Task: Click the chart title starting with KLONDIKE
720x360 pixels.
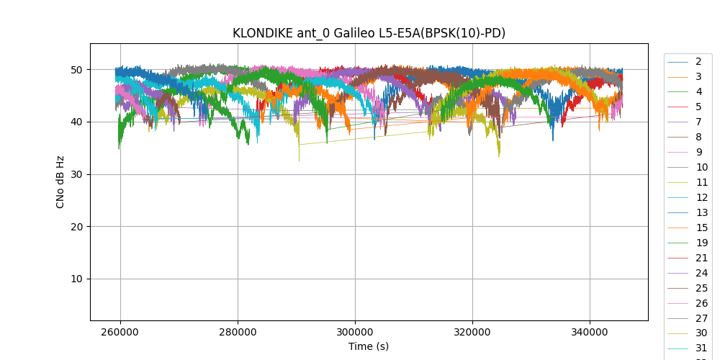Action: click(x=369, y=33)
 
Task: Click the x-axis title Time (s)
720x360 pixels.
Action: click(x=369, y=346)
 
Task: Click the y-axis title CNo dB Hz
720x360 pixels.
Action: click(x=60, y=182)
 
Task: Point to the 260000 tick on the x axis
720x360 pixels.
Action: click(x=120, y=333)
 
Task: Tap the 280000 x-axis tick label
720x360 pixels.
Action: click(x=238, y=333)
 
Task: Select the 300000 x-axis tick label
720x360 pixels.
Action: click(x=355, y=333)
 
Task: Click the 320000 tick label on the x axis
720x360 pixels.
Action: click(x=472, y=333)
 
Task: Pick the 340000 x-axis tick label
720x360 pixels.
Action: click(x=590, y=333)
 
